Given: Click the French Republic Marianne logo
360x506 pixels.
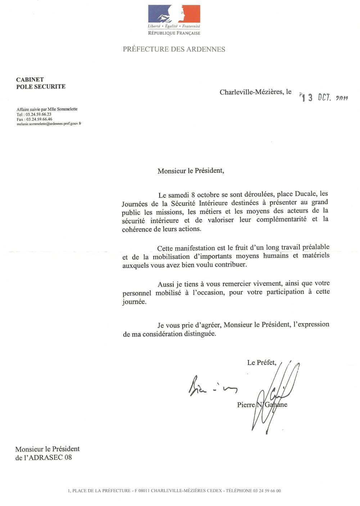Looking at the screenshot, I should point(174,14).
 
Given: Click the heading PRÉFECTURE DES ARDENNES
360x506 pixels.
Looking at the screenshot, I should point(174,49).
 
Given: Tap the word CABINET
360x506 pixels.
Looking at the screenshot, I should point(30,80).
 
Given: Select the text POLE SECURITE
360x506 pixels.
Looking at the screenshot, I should point(41,86).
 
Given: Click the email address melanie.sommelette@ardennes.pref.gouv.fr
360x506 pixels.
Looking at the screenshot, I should point(49,124).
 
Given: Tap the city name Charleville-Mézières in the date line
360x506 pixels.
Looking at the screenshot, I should point(251,92).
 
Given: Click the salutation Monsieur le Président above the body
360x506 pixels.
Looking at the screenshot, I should point(190,171).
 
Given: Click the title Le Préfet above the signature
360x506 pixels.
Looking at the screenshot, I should point(261,362).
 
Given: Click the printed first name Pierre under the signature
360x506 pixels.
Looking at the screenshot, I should point(246,405).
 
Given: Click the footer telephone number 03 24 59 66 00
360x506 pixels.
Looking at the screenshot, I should point(267,491).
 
